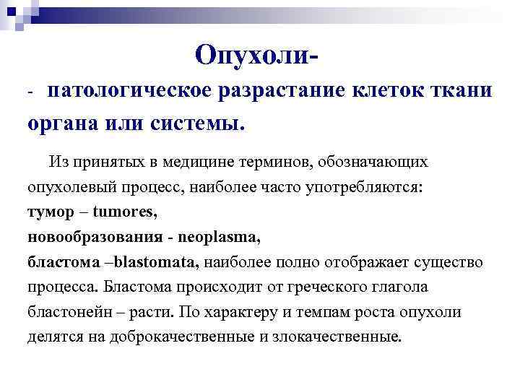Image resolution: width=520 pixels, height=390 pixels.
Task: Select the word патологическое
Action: tap(128, 92)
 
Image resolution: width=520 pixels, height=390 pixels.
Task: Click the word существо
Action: tap(448, 262)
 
